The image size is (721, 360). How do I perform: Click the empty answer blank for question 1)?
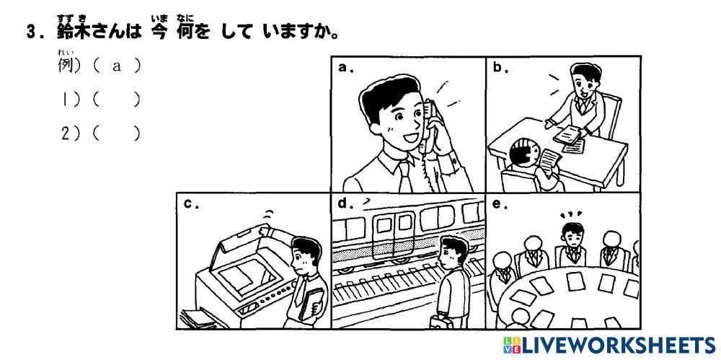point(115,100)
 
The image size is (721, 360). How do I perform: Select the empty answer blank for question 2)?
point(115,133)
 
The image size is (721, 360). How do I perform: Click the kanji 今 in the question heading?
point(159,32)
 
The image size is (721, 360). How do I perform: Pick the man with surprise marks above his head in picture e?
point(572,238)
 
